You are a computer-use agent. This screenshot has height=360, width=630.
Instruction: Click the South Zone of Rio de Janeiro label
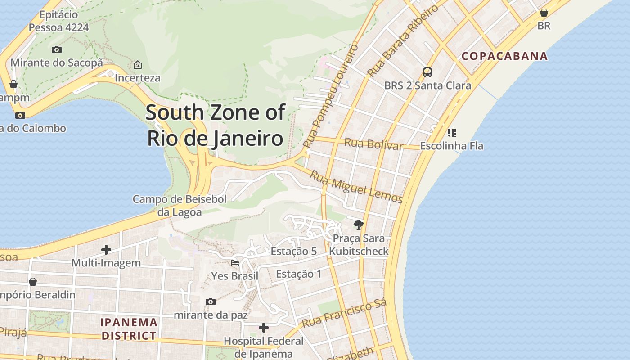[x=216, y=126]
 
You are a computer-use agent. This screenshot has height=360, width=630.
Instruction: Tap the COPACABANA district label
[x=505, y=56]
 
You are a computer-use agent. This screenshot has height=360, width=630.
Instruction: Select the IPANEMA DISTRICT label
[x=129, y=329]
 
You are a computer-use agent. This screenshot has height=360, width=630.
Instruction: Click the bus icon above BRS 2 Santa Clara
[x=427, y=72]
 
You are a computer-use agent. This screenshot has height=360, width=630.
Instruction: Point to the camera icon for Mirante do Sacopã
[x=56, y=49]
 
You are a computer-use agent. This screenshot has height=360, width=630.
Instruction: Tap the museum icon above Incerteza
[x=138, y=65]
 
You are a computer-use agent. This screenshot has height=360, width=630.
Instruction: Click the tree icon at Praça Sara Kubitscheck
[x=358, y=225]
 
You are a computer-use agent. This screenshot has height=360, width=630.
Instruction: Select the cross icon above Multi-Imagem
[x=106, y=249]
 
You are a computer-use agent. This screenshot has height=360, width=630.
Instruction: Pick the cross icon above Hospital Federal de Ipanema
[x=264, y=328]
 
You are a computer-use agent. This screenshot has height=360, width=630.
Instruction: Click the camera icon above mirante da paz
[x=210, y=301]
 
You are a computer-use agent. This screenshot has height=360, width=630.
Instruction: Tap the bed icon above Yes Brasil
[x=235, y=262]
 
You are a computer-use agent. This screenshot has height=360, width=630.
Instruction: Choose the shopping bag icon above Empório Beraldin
[x=32, y=282]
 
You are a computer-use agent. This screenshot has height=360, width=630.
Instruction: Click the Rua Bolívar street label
[x=373, y=144]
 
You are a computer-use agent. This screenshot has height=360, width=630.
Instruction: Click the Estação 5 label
[x=293, y=251]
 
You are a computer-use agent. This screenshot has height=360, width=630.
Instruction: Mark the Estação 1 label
[x=299, y=274]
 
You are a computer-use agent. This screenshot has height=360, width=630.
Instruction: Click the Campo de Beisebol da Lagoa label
[x=180, y=205]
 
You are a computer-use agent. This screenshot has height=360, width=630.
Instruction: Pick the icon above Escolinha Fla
[x=451, y=133]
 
